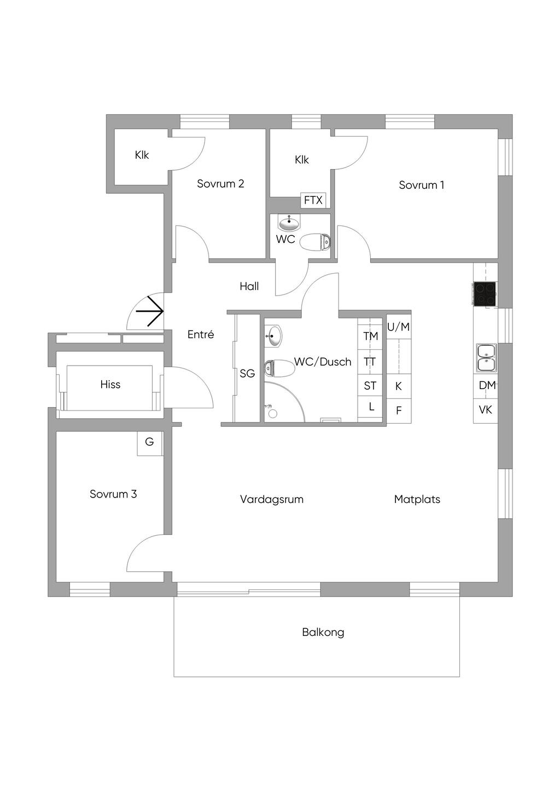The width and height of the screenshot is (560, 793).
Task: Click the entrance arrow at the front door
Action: tap(150, 311)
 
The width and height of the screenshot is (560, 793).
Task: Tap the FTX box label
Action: tap(313, 200)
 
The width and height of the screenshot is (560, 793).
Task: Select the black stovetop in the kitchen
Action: tap(485, 293)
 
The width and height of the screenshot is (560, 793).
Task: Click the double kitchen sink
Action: tap(486, 357)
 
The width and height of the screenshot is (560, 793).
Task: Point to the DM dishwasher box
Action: tap(486, 385)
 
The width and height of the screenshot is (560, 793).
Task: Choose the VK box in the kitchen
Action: tap(486, 410)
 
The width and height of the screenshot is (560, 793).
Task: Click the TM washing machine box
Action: tap(371, 336)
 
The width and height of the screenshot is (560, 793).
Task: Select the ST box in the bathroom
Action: tap(370, 386)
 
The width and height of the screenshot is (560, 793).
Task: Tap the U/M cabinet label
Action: tap(399, 327)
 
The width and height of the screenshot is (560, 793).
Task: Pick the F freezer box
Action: tap(399, 410)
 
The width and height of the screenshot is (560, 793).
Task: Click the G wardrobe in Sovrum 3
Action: tap(149, 442)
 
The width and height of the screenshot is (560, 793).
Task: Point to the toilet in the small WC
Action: tap(316, 241)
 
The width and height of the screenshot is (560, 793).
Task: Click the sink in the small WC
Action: tap(289, 223)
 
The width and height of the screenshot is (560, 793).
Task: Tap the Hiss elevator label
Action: tap(110, 385)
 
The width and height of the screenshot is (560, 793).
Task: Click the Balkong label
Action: tap(323, 633)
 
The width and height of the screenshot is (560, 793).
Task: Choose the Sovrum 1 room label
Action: tap(421, 185)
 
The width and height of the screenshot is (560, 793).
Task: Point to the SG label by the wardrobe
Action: tap(247, 374)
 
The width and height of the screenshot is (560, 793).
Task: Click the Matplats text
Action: tap(417, 499)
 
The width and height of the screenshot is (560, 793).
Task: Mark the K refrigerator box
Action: tap(399, 386)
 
